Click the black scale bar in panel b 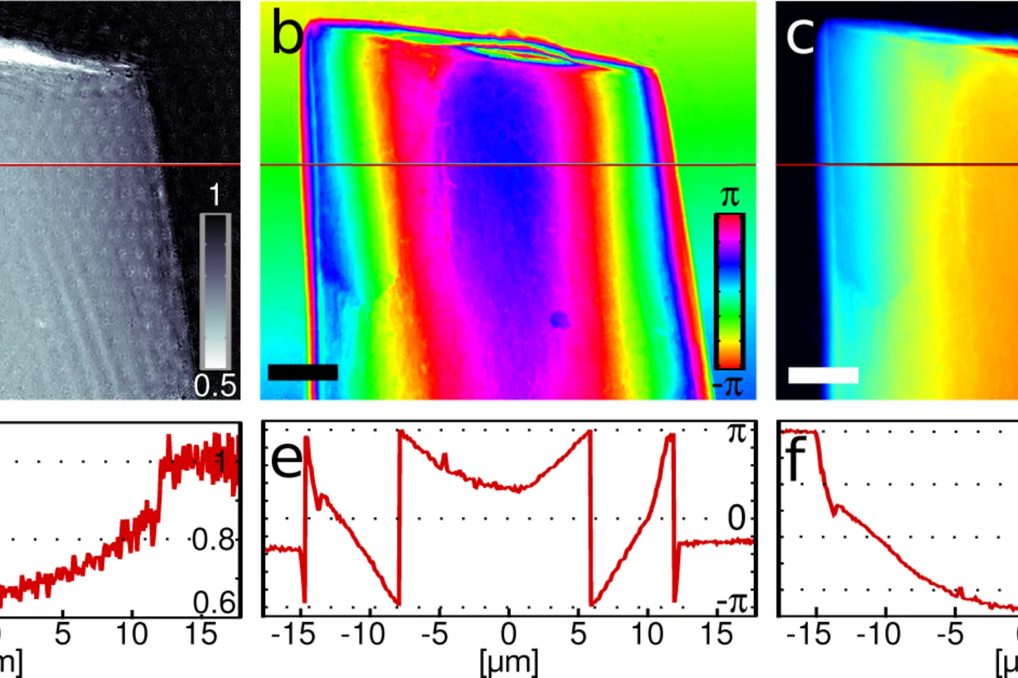[x=303, y=372]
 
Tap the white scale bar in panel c [x=823, y=375]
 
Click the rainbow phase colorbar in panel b [x=729, y=291]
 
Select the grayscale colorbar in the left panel [x=215, y=291]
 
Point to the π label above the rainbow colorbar [x=730, y=197]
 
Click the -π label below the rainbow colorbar [x=728, y=386]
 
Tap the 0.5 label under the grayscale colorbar [x=215, y=386]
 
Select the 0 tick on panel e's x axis [x=509, y=634]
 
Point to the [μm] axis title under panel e [x=509, y=663]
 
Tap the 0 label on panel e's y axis [x=736, y=518]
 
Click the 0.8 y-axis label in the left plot [x=214, y=540]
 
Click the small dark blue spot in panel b [x=559, y=320]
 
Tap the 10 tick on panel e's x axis [x=647, y=634]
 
